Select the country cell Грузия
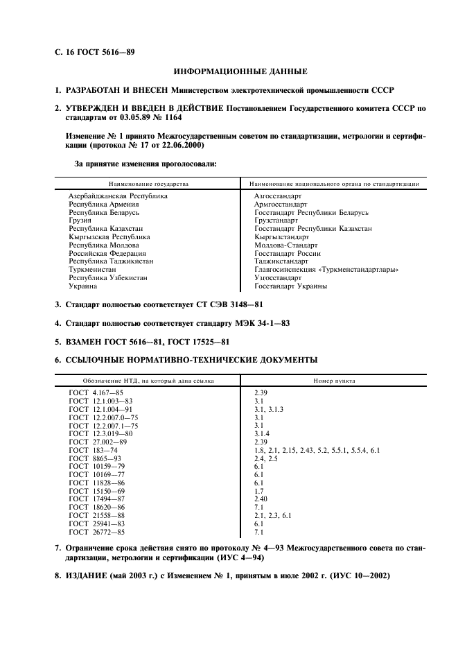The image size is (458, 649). [x=80, y=220]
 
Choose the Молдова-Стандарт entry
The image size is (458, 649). [x=286, y=245]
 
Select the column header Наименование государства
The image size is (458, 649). [x=148, y=184]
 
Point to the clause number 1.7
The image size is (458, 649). [x=258, y=492]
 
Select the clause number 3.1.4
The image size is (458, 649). [x=263, y=434]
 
